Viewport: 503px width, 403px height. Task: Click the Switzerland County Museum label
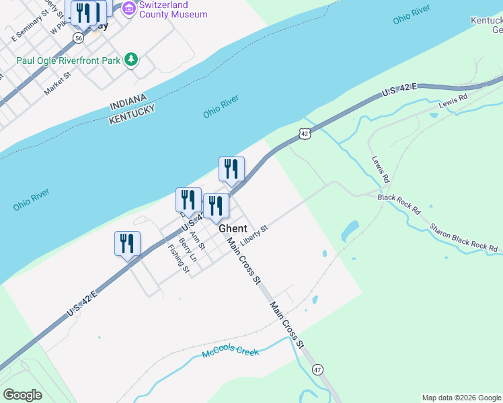coord(173,9)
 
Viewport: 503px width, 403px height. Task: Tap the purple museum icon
coord(128,9)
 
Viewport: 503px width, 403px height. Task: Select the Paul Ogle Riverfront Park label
coord(69,60)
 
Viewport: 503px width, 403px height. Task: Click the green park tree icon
coord(132,60)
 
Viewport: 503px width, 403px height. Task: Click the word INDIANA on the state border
coord(128,101)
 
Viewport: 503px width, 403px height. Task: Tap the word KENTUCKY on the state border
coord(132,114)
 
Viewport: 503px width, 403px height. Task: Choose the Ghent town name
coord(233,228)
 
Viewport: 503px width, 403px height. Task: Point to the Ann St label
coord(198,238)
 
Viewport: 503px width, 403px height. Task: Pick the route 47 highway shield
coord(317,369)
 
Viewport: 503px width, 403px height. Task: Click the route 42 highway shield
coord(305,134)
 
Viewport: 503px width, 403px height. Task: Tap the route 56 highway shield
coord(79,39)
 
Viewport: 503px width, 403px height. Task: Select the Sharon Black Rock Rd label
coord(463,238)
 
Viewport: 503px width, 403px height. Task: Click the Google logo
coord(22,395)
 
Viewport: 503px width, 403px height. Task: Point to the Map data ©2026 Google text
coord(461,398)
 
